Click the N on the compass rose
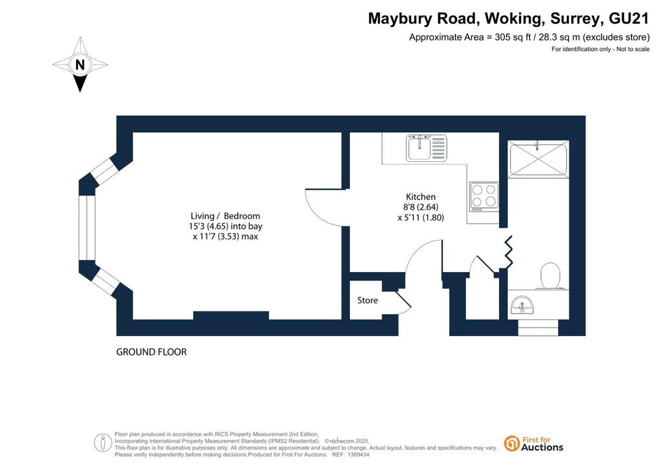79,65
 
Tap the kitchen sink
427,148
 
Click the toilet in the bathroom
550,276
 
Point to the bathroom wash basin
522,305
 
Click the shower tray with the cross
538,158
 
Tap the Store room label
367,300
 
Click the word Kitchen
421,197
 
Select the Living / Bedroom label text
225,216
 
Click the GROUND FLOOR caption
151,352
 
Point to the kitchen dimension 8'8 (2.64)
421,207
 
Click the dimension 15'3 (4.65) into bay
225,226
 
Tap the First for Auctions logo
534,444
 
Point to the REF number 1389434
357,455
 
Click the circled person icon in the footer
103,443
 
